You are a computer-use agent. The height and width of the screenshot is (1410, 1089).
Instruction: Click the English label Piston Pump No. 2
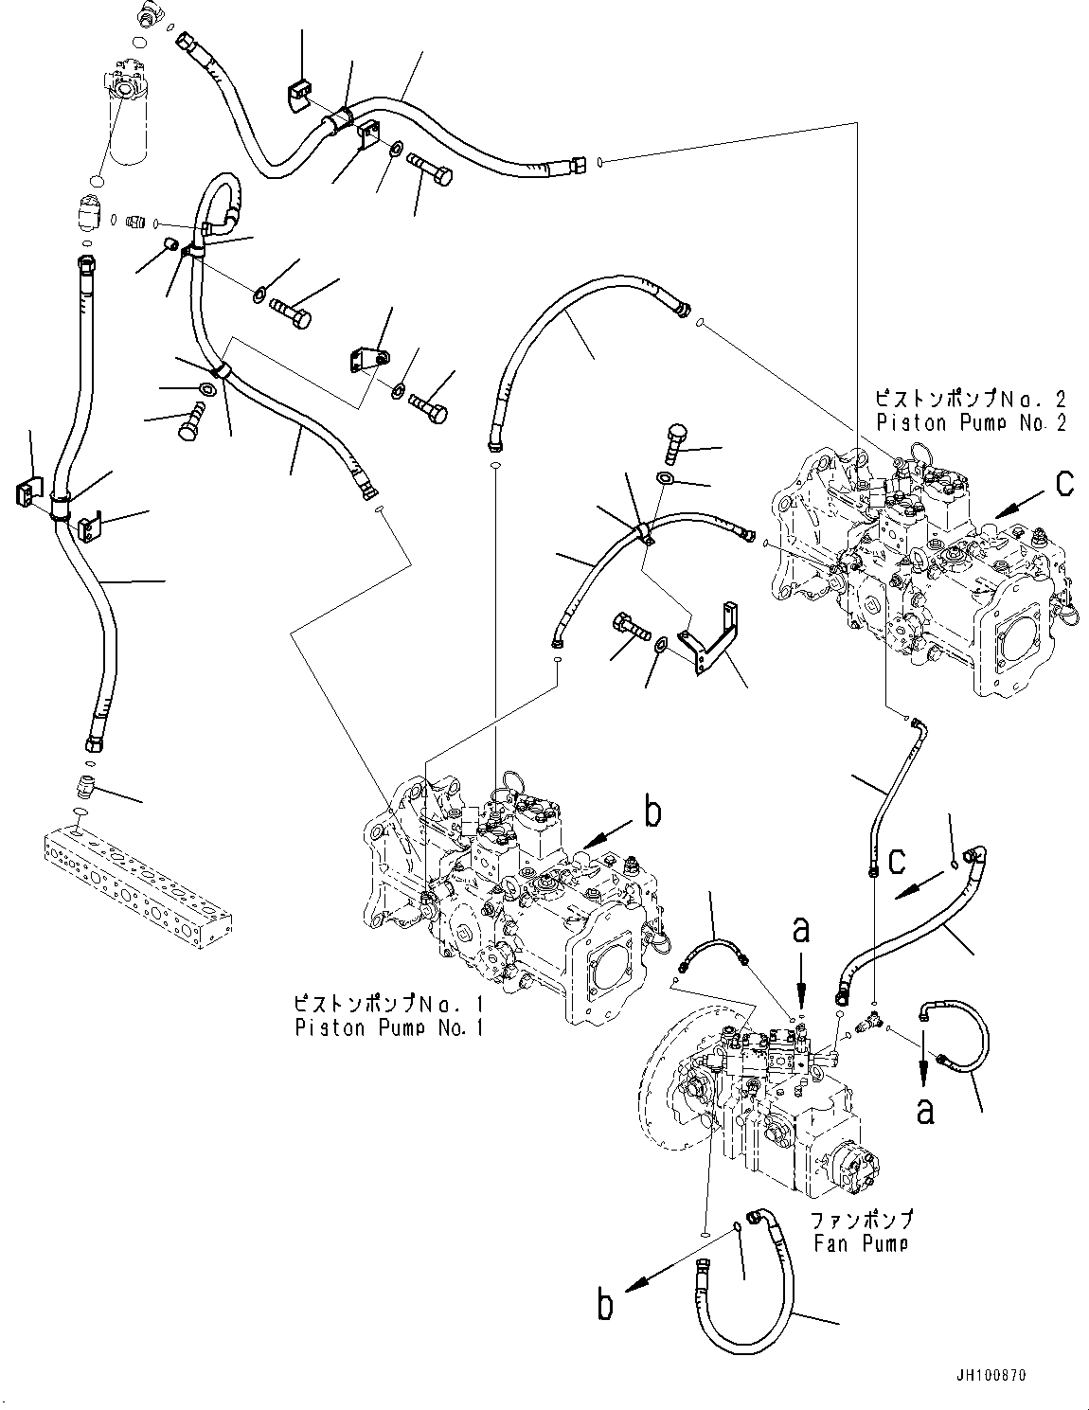pyautogui.click(x=971, y=423)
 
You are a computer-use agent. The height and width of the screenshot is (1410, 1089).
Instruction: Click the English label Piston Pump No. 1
pyautogui.click(x=388, y=1026)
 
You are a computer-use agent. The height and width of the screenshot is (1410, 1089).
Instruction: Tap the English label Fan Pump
pyautogui.click(x=859, y=1242)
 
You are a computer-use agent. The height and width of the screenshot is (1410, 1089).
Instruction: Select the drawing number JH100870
pyautogui.click(x=989, y=1374)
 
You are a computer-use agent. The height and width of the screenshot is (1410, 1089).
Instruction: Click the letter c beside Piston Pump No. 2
pyautogui.click(x=1063, y=484)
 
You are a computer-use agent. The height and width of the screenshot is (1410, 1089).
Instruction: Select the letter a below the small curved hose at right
pyautogui.click(x=924, y=1108)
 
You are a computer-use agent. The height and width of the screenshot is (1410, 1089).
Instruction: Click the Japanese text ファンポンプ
pyautogui.click(x=861, y=1220)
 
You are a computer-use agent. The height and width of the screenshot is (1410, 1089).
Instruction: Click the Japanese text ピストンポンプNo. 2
pyautogui.click(x=971, y=401)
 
